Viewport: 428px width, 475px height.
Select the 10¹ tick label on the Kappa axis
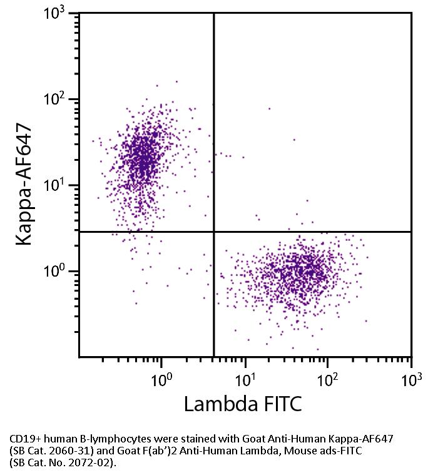coord(60,186)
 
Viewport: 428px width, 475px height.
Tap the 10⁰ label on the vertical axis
coord(60,272)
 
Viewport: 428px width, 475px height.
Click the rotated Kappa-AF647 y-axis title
coord(24,185)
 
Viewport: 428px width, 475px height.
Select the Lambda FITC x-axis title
coord(243,404)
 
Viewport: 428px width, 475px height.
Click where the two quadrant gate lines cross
coord(214,232)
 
